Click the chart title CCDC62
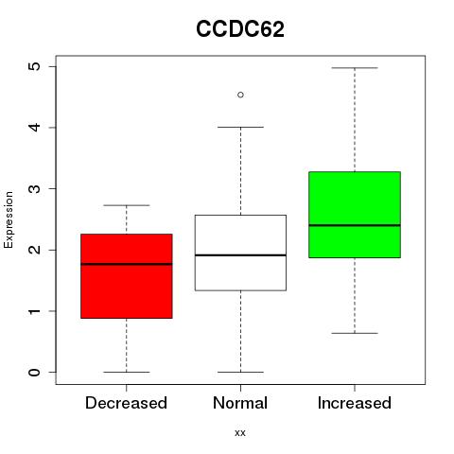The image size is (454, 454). pyautogui.click(x=240, y=29)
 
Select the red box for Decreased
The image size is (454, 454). pyautogui.click(x=127, y=276)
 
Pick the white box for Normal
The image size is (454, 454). pyautogui.click(x=240, y=253)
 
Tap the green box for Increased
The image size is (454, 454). pyautogui.click(x=355, y=215)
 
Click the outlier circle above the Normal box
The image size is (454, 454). pyautogui.click(x=240, y=95)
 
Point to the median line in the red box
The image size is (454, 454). pyautogui.click(x=127, y=264)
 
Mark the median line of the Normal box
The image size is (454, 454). pyautogui.click(x=240, y=255)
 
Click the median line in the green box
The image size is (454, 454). pyautogui.click(x=355, y=225)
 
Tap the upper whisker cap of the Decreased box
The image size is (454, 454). pyautogui.click(x=127, y=205)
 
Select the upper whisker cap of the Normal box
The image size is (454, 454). pyautogui.click(x=240, y=127)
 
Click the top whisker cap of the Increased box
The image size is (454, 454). pyautogui.click(x=355, y=68)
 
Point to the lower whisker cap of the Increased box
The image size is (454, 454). pyautogui.click(x=355, y=333)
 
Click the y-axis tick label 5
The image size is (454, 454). pyautogui.click(x=35, y=66)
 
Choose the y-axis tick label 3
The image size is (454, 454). pyautogui.click(x=35, y=188)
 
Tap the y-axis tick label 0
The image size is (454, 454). pyautogui.click(x=35, y=372)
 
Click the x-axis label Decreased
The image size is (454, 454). pyautogui.click(x=126, y=403)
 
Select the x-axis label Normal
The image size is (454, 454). pyautogui.click(x=240, y=403)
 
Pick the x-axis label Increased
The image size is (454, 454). pyautogui.click(x=355, y=403)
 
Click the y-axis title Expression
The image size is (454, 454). pyautogui.click(x=9, y=219)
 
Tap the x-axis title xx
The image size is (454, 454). pyautogui.click(x=240, y=433)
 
